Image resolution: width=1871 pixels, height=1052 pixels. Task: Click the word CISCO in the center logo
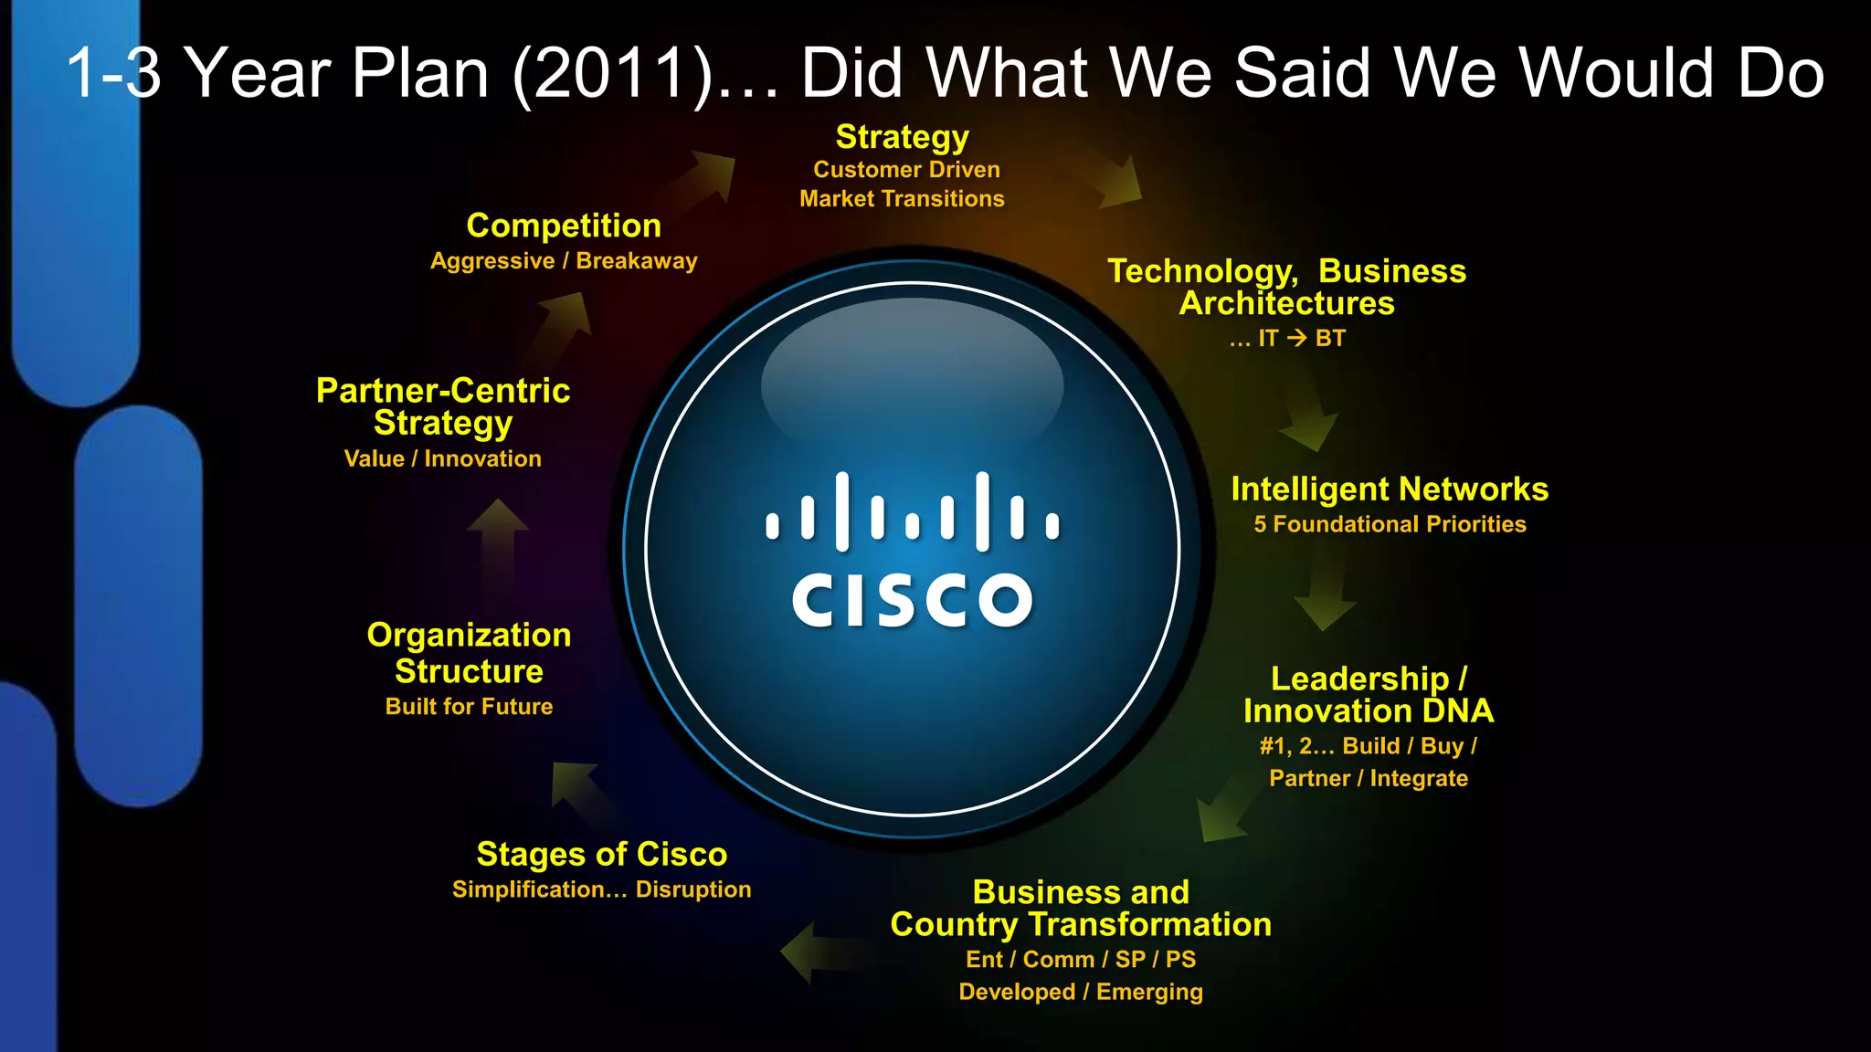(912, 600)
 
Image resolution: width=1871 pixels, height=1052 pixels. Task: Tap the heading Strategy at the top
(902, 137)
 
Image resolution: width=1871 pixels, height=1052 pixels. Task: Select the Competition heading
(564, 226)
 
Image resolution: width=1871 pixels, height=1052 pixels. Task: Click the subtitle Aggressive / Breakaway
(564, 261)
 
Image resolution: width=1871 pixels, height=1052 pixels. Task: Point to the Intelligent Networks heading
(1390, 489)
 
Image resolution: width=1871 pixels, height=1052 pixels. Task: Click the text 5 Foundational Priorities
(1390, 524)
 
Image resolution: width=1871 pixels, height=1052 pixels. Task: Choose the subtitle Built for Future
(469, 706)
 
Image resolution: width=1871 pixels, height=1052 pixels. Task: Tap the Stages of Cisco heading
(602, 854)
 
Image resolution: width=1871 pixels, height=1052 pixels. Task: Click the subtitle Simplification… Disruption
(601, 889)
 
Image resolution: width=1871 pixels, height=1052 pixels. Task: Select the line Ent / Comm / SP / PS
(1081, 959)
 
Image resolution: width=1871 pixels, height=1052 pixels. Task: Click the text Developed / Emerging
(1081, 992)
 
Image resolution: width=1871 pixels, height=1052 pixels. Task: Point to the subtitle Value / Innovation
(442, 458)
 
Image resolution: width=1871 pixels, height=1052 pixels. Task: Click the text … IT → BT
(1287, 339)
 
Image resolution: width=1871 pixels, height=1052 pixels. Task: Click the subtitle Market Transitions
(902, 199)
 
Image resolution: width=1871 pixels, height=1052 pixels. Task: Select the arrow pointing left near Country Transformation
(818, 952)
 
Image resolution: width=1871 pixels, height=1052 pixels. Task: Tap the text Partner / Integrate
(1369, 778)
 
